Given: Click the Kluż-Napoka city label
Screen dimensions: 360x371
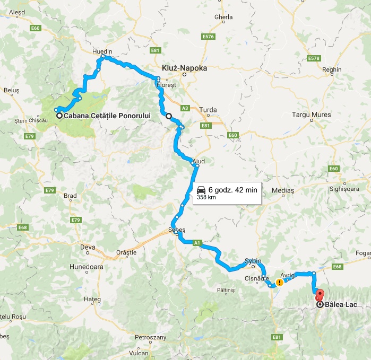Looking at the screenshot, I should coord(184,68).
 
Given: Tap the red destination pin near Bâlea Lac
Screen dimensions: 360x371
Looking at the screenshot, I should coord(319,294).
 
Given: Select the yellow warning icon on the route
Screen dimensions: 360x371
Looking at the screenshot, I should coord(279,283).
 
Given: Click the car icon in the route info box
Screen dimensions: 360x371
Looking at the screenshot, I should coord(202,189).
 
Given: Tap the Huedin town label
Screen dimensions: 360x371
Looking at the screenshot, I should coord(102,52).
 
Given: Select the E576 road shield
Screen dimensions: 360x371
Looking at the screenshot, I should coord(208,37).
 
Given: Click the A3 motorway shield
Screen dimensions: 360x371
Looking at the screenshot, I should coord(185,108).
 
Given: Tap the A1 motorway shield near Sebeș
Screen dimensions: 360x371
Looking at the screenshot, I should coord(197,243).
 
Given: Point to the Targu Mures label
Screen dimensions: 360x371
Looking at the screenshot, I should coord(312,115).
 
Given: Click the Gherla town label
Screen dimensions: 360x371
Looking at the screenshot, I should coord(223,17).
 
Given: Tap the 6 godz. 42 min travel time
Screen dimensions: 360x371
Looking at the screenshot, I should coord(233,189).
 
